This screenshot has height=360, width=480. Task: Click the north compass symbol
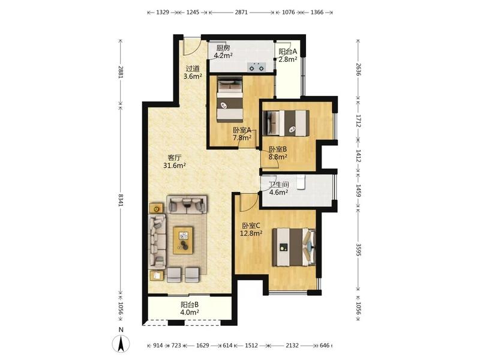121,343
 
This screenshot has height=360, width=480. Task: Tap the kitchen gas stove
257,67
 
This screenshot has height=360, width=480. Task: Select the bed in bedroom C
294,247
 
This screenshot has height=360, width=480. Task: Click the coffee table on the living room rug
183,241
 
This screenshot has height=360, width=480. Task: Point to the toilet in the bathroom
301,182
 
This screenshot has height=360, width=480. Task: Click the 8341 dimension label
121,200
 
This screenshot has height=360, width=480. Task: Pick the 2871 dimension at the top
241,12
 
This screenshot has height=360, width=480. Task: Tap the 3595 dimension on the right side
358,250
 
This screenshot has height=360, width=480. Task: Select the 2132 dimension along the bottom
292,346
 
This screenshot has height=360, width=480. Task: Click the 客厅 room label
175,158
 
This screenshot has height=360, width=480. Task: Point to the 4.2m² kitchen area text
223,55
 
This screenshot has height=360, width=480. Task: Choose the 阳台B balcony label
190,305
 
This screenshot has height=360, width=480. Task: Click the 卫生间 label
278,185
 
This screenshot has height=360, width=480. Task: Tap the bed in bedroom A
230,98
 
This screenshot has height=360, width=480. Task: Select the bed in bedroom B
287,123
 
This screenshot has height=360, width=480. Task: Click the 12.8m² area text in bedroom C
251,233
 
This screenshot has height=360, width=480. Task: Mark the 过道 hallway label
193,68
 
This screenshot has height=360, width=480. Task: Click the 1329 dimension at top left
162,12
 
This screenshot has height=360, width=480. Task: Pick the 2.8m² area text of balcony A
287,59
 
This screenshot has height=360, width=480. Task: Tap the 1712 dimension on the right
358,121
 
